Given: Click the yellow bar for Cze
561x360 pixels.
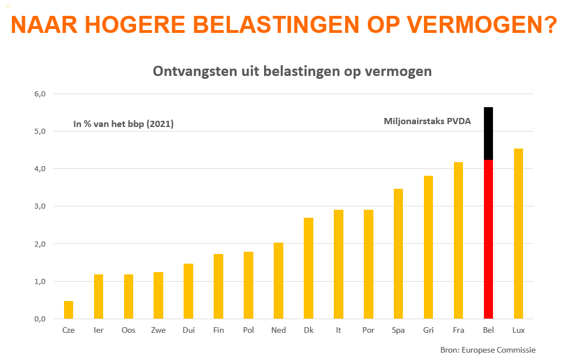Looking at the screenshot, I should point(69,310).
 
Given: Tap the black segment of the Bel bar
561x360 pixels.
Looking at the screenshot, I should point(488,133).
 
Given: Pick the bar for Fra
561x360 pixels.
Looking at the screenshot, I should point(458,240).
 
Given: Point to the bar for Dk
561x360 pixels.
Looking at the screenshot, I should point(308,268).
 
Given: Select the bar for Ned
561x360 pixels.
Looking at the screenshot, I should point(278,281).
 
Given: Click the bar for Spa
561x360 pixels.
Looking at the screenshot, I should point(398,253).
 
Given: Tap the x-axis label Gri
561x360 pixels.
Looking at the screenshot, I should point(428,330).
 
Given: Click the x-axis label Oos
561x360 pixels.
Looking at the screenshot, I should point(129,330).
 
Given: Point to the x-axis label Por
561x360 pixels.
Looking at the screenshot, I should point(368,330).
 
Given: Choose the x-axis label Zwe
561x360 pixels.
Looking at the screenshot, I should point(159,330).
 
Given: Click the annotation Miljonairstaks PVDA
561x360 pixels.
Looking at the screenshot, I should point(427,121).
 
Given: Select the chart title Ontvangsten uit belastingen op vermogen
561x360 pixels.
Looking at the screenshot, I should point(292,71).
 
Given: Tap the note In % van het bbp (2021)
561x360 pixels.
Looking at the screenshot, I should point(124,123).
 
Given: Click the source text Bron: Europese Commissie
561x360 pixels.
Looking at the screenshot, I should point(487,350).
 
